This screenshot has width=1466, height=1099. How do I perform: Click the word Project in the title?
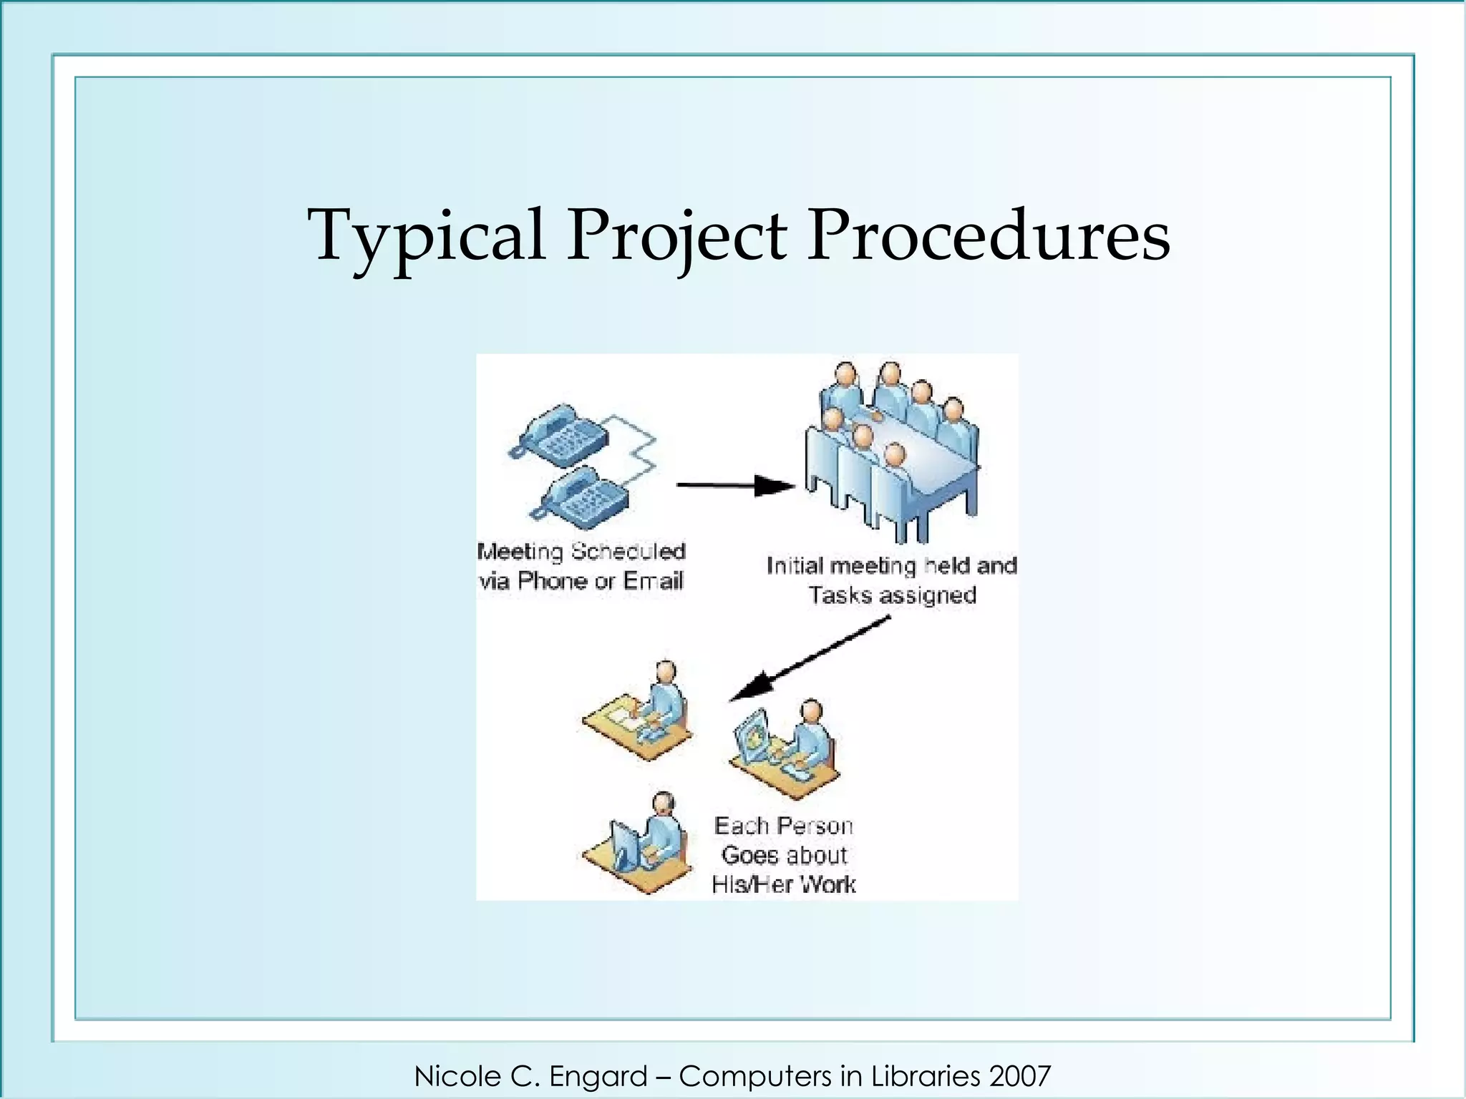[676, 236]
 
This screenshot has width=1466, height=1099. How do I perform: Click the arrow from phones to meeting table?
[734, 486]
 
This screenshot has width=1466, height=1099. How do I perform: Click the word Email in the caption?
[653, 581]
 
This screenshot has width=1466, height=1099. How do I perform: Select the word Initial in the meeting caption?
[795, 566]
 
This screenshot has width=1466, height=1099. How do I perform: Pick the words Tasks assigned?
[892, 595]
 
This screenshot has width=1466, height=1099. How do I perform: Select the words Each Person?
[783, 826]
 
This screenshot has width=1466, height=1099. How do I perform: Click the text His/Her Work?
[783, 884]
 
